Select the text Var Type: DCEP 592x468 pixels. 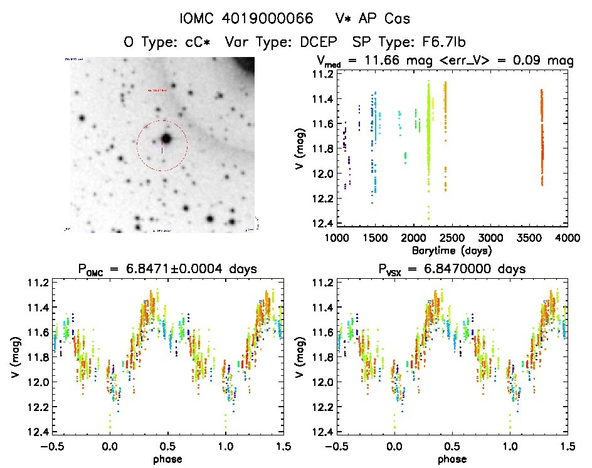coord(293,43)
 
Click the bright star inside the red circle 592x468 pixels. coord(166,138)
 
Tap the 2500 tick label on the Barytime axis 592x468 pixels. coord(452,238)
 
